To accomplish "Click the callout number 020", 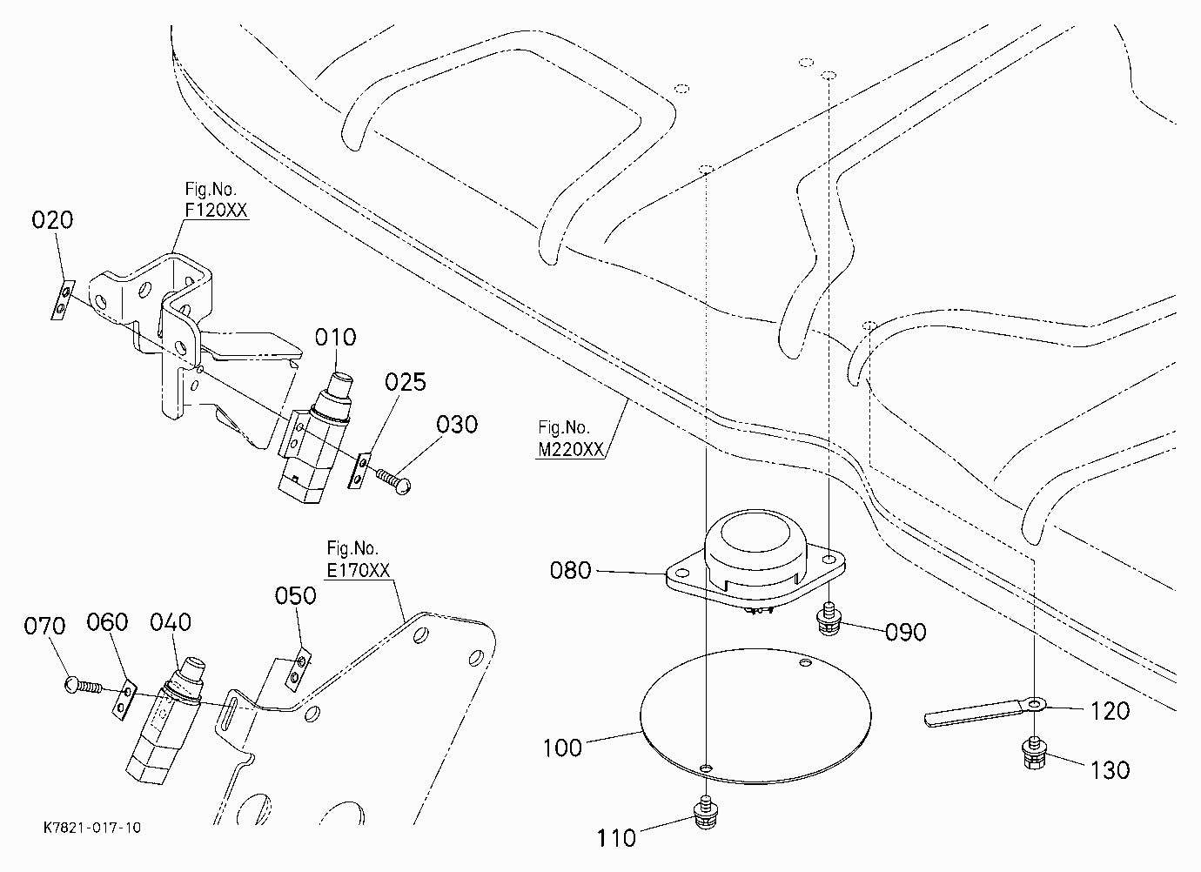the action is pyautogui.click(x=52, y=220).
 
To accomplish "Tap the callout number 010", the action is pyautogui.click(x=335, y=338).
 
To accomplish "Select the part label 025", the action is pyautogui.click(x=406, y=382).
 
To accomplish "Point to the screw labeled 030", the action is pyautogui.click(x=394, y=481).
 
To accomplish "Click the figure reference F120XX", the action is pyautogui.click(x=216, y=210).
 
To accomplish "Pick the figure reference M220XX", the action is pyautogui.click(x=571, y=449).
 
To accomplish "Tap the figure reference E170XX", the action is pyautogui.click(x=359, y=570).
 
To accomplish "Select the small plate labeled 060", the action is pyautogui.click(x=124, y=700).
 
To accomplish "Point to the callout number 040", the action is pyautogui.click(x=170, y=622).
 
